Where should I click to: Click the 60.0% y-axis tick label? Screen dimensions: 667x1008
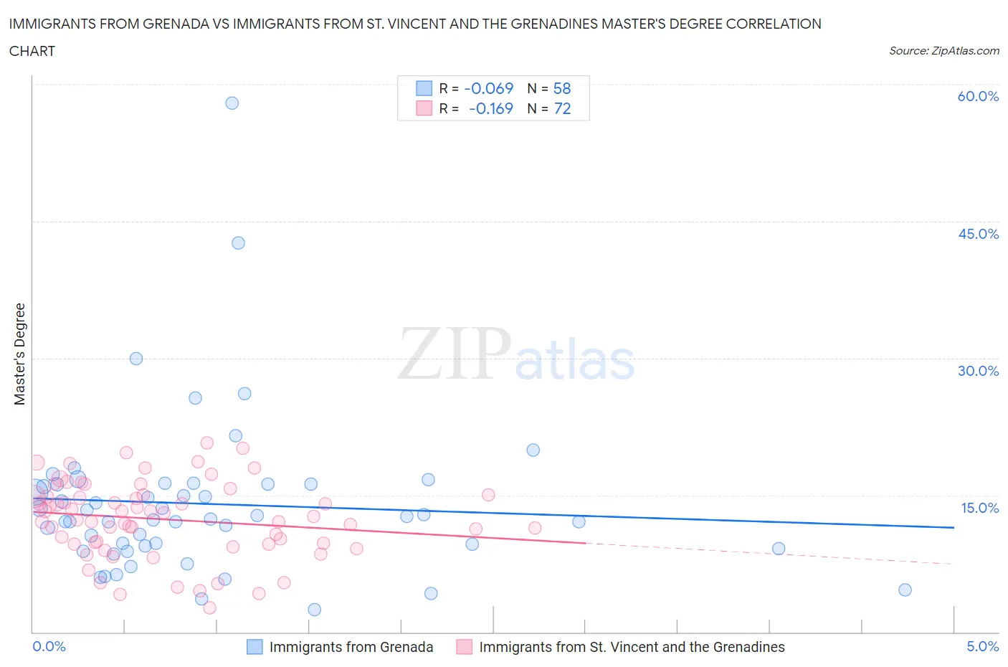978,96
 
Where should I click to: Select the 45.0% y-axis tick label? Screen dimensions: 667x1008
978,234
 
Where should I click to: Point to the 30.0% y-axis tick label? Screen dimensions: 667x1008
978,371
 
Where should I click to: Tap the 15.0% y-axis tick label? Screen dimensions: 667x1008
979,508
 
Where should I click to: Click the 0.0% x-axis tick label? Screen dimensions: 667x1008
49,646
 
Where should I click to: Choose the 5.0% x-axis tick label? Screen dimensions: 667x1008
982,646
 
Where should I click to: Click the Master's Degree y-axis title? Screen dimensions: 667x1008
19,354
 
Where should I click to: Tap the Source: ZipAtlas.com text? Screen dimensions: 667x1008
943,50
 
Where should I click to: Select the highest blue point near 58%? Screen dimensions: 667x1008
232,103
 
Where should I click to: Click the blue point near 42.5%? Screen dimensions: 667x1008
238,242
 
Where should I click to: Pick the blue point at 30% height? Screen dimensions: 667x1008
136,359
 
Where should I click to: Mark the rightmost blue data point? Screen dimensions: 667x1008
905,590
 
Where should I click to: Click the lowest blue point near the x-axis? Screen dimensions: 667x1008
314,610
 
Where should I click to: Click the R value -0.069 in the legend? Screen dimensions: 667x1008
489,88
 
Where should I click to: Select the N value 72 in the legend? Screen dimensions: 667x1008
562,108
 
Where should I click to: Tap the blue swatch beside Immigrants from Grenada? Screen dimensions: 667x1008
255,647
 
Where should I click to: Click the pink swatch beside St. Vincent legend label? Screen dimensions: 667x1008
465,647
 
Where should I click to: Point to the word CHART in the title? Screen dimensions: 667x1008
32,51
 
